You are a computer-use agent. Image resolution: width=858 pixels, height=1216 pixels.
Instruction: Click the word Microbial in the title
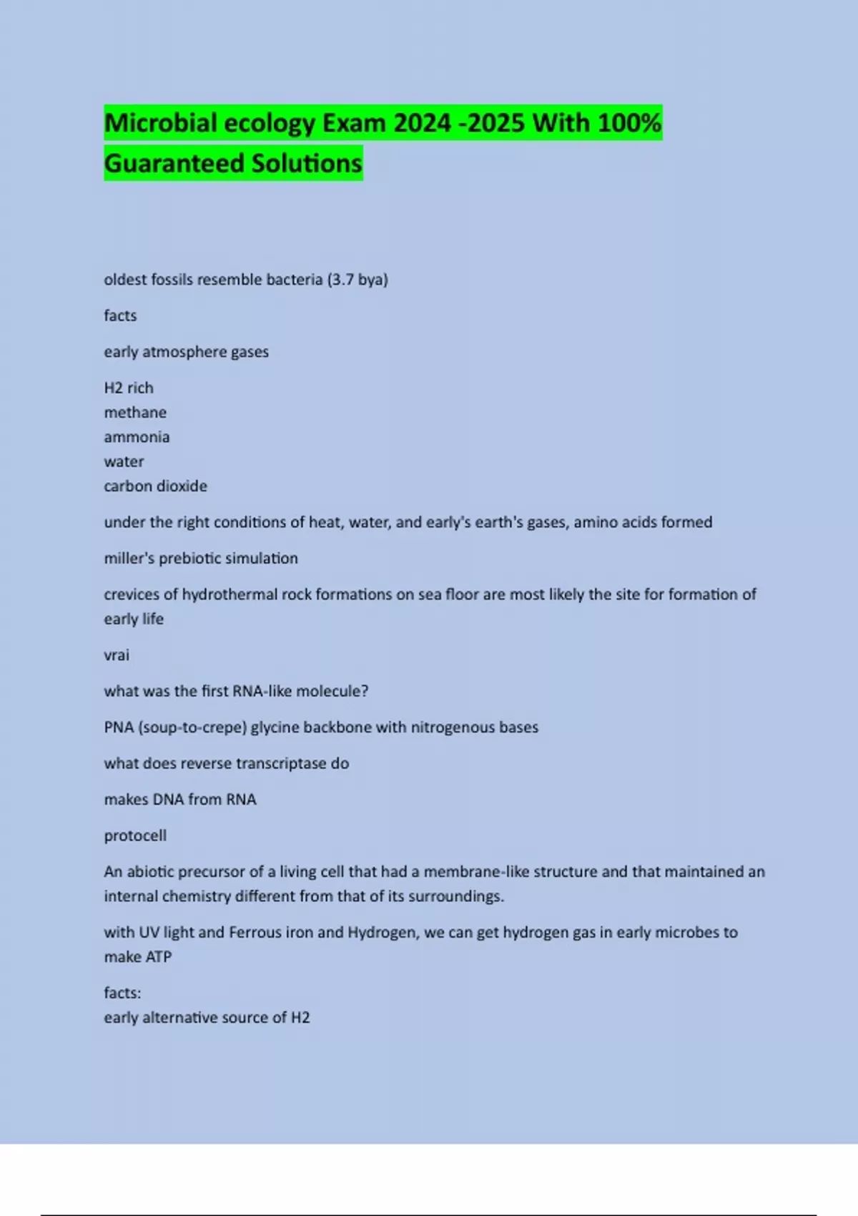[161, 123]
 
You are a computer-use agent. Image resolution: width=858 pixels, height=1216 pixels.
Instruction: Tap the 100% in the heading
[629, 123]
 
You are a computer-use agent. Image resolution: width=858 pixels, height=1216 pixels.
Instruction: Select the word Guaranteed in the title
[174, 164]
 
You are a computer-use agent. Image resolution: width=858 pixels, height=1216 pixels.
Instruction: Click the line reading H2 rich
[129, 388]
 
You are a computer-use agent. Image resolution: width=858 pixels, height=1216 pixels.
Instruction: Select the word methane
[135, 413]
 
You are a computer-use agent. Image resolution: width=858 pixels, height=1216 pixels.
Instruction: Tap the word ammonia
[137, 437]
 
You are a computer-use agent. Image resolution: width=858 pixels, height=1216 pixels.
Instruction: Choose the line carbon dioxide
[155, 486]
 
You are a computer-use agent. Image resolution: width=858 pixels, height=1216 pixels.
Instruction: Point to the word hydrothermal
[229, 594]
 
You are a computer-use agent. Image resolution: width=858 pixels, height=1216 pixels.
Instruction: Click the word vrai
[117, 655]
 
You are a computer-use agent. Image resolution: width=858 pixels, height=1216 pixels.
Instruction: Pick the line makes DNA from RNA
[179, 800]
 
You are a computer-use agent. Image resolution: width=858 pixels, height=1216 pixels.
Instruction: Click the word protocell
[135, 836]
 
